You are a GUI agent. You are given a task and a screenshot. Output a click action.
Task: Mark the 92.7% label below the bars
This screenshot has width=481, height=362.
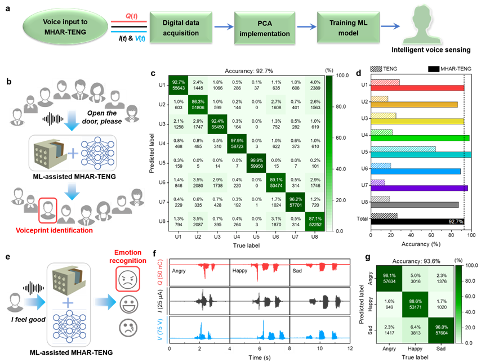[456, 222]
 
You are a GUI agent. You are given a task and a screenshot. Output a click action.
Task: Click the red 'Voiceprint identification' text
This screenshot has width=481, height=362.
[54, 230]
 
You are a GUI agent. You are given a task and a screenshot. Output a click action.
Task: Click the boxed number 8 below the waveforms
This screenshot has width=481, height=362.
[289, 349]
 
